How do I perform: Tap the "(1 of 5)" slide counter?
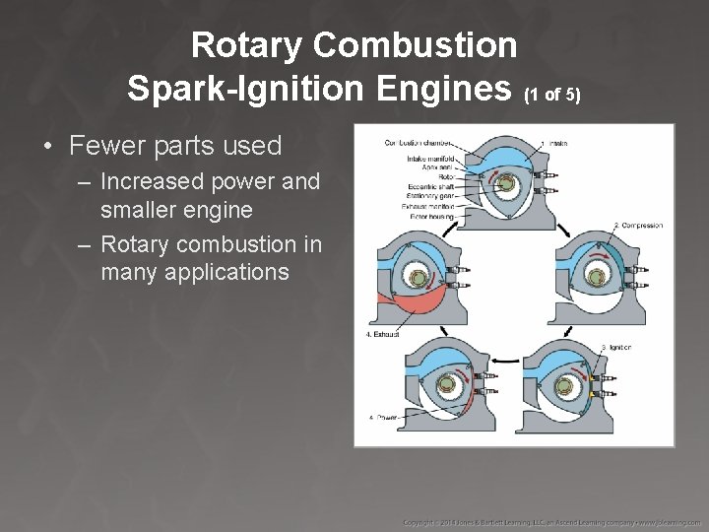coord(552,96)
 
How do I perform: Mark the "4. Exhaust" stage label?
coord(386,335)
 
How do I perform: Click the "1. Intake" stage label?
coord(557,144)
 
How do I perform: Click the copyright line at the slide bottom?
coord(550,519)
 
